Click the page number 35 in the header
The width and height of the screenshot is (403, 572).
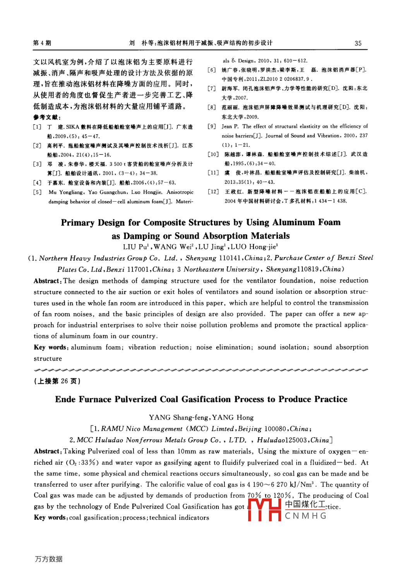(x=358, y=43)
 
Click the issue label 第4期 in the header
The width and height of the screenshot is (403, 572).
(x=42, y=43)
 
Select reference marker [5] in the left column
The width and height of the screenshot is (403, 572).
(x=37, y=192)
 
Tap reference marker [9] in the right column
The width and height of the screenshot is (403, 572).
(x=212, y=127)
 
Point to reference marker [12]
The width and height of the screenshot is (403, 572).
(x=213, y=192)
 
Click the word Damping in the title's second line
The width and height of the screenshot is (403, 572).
(x=142, y=236)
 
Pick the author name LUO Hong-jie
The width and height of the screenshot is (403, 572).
(x=254, y=247)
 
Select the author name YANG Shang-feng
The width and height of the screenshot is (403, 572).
(x=178, y=418)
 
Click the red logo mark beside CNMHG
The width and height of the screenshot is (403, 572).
(x=264, y=510)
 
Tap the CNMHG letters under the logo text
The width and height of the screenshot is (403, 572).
(x=306, y=516)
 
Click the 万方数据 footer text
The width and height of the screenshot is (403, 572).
(x=49, y=559)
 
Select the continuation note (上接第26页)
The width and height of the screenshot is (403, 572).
(x=57, y=381)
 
